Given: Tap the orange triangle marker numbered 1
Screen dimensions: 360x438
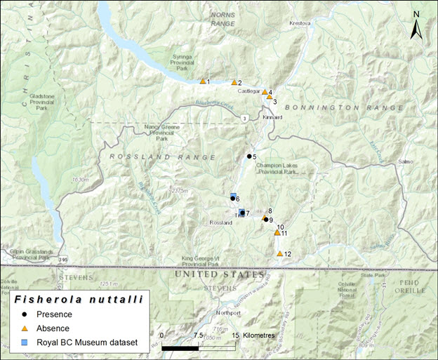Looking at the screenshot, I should tap(202, 81).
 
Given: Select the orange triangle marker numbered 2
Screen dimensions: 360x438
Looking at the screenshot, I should tap(234, 82).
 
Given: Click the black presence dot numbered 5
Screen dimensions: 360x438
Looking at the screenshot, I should tap(248, 156).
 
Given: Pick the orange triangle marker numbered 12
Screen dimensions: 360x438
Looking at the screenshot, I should tap(279, 253).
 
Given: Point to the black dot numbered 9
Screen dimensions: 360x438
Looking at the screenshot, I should tap(266, 220).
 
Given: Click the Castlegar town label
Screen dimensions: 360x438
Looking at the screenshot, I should tap(248, 91).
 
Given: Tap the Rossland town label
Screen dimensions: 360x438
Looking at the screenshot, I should tap(220, 222).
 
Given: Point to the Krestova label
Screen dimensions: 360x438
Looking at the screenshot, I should tap(300, 23).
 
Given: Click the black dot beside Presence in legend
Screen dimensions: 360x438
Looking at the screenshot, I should tap(24, 314).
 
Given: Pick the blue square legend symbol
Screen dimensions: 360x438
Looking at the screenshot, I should tap(24, 343).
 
